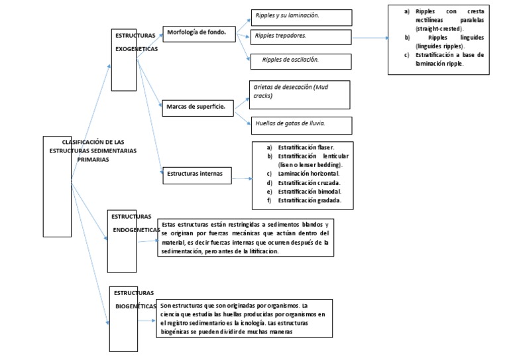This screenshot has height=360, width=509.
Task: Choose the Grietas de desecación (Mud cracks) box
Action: (301, 94)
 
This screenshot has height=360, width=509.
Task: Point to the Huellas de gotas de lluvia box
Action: (301, 125)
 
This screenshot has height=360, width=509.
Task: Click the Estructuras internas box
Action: (196, 175)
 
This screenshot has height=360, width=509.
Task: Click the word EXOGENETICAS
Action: (137, 48)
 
